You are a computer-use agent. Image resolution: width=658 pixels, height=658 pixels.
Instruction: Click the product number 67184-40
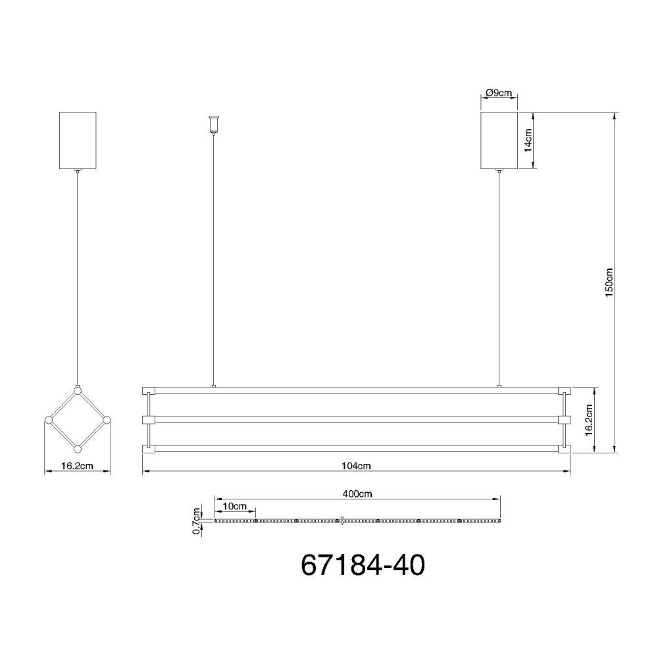point(363,565)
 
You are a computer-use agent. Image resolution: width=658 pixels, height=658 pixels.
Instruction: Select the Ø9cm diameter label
point(499,93)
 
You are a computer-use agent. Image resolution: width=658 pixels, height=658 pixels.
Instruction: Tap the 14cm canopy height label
point(528,140)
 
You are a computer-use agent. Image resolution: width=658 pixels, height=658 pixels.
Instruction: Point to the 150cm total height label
point(609,282)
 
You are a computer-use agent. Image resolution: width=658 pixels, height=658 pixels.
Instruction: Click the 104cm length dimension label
point(356,466)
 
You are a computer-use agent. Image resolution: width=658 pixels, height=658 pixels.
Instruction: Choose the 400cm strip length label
point(357,494)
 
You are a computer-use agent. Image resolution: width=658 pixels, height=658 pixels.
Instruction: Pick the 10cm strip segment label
point(235,506)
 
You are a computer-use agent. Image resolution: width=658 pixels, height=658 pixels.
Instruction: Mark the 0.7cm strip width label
point(196,521)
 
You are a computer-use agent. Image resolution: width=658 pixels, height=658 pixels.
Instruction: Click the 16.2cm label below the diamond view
point(77,466)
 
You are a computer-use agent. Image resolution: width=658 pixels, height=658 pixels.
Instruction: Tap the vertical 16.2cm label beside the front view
point(589,420)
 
